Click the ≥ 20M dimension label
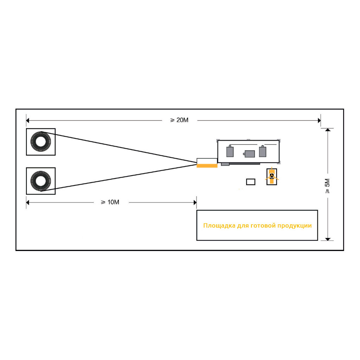tap(179, 120)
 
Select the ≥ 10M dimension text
tap(110, 202)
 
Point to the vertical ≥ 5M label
tap(327, 186)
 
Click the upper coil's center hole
tap(41, 141)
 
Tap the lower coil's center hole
tap(41, 181)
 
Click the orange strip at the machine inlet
tap(207, 166)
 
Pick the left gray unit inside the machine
tap(230, 151)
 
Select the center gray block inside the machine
tap(249, 154)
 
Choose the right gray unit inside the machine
tap(262, 151)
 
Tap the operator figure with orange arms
tap(272, 176)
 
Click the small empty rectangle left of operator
tap(250, 182)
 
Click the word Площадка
tap(219, 226)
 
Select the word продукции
tap(295, 226)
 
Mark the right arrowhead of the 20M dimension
tap(319, 120)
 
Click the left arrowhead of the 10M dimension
tap(28, 202)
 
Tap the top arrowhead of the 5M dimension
tap(328, 130)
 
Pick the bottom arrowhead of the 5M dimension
tap(328, 239)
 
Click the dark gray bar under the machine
tap(240, 164)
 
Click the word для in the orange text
tap(243, 226)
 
